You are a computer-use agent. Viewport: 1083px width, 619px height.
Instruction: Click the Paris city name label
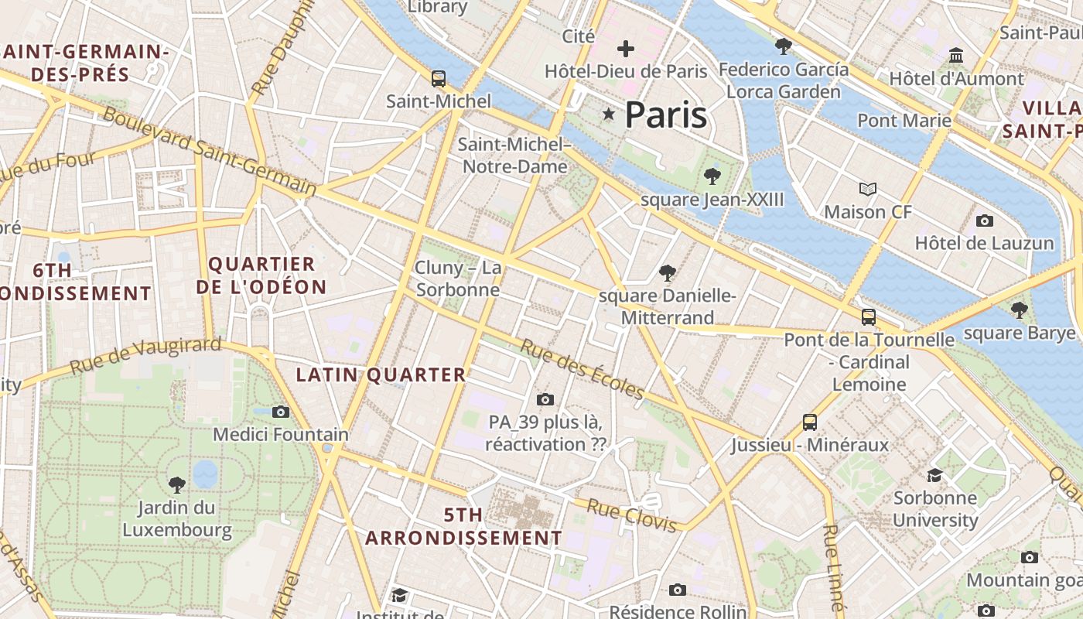point(665,115)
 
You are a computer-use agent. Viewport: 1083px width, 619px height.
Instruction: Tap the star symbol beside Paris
point(609,115)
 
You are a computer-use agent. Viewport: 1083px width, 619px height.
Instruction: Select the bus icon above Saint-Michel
point(439,78)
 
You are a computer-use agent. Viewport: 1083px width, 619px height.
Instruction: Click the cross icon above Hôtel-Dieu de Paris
point(625,50)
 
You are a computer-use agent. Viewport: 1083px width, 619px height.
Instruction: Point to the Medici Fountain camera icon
point(281,412)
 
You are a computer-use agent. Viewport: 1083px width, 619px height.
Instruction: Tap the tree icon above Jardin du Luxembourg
point(176,485)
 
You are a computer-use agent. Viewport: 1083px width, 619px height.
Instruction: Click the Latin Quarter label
point(381,375)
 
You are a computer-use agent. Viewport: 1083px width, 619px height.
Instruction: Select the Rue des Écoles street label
point(582,370)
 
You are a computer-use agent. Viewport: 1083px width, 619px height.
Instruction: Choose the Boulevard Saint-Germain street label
point(209,151)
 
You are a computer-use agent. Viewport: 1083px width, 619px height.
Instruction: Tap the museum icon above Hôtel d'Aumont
point(956,56)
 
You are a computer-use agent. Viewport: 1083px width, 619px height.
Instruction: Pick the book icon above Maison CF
point(868,189)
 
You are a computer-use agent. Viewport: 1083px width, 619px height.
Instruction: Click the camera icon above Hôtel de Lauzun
point(984,221)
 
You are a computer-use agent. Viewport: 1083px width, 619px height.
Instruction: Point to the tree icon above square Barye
point(1019,310)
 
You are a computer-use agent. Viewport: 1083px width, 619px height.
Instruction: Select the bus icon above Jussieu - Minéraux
point(810,422)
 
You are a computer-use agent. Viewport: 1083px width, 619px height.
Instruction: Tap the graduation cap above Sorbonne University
point(934,474)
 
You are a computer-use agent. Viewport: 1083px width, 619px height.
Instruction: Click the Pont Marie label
point(904,121)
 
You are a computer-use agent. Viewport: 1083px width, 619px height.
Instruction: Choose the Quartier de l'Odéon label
point(261,275)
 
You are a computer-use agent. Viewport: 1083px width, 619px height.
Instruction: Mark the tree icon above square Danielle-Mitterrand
point(667,272)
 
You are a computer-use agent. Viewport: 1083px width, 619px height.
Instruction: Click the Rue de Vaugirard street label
point(145,356)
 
